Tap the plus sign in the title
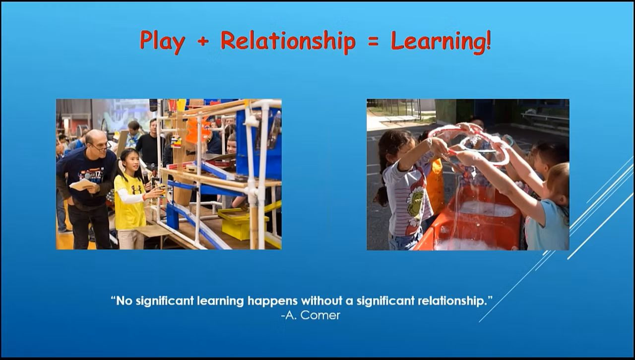click(x=203, y=41)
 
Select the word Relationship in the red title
click(x=288, y=41)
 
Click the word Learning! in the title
click(x=441, y=41)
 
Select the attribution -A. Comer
click(x=311, y=315)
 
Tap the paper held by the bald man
click(x=82, y=184)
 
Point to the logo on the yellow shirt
click(x=136, y=189)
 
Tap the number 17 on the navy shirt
click(x=98, y=173)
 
